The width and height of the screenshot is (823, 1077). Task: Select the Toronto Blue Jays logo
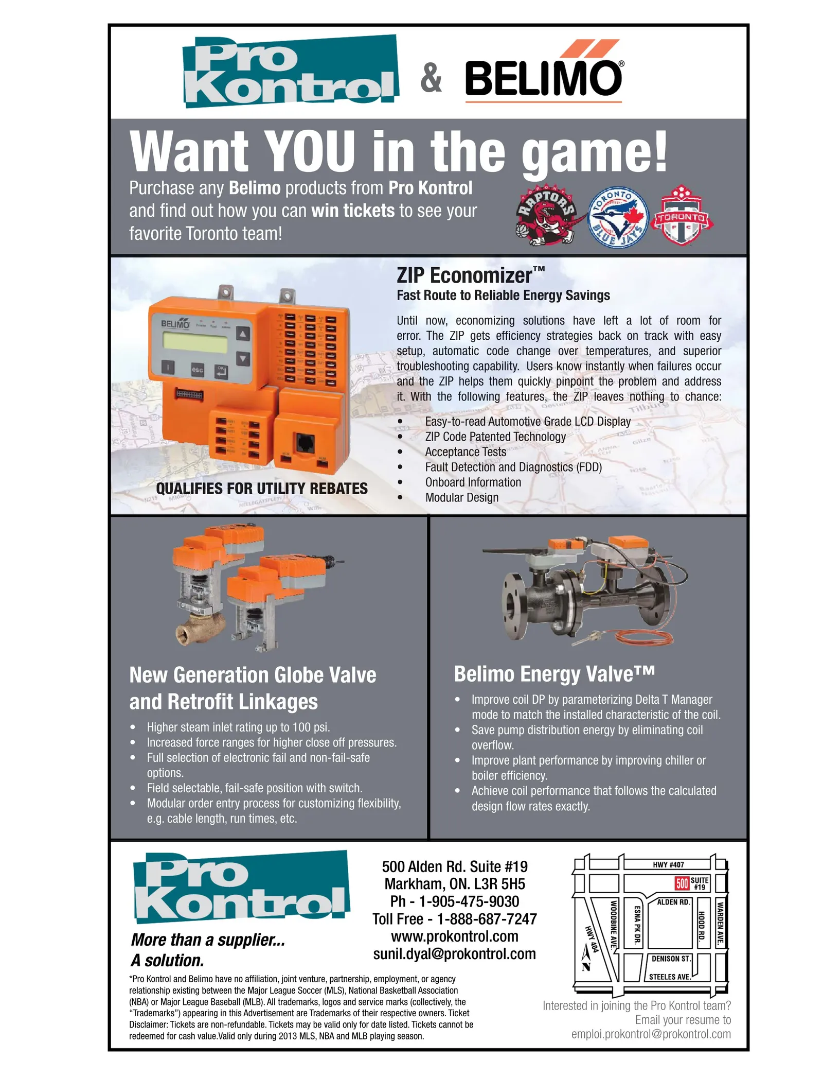pyautogui.click(x=618, y=217)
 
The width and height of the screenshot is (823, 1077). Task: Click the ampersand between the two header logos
pyautogui.click(x=431, y=78)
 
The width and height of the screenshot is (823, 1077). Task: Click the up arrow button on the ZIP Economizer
pyautogui.click(x=242, y=334)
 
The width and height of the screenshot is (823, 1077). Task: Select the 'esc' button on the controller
pyautogui.click(x=198, y=370)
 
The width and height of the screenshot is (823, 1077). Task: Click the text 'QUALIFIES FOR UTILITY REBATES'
pyautogui.click(x=262, y=488)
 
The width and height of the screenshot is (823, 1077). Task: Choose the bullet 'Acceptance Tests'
pyautogui.click(x=466, y=451)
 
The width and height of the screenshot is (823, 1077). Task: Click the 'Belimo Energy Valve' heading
pyautogui.click(x=554, y=673)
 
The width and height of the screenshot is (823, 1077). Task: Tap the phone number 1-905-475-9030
pyautogui.click(x=469, y=901)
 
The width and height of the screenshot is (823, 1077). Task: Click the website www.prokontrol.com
pyautogui.click(x=455, y=936)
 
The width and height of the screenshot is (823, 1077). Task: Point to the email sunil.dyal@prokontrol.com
pyautogui.click(x=455, y=953)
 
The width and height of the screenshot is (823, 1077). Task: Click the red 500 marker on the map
pyautogui.click(x=682, y=883)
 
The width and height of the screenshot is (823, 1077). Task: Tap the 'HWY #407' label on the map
pyautogui.click(x=668, y=864)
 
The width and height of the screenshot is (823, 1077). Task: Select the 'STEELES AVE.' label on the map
pyautogui.click(x=670, y=977)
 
